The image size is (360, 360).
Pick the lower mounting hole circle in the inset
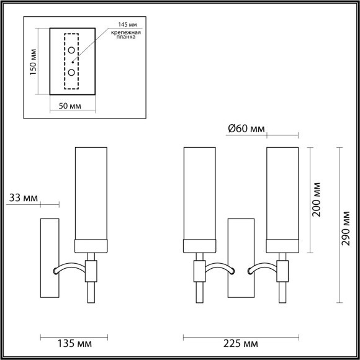72,72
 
